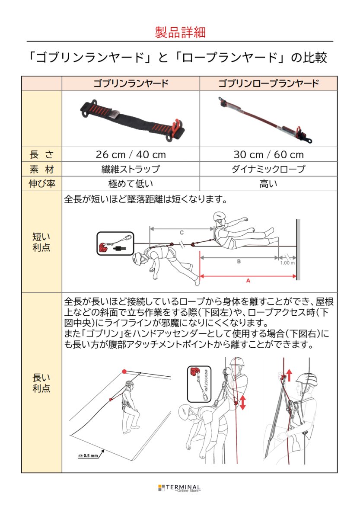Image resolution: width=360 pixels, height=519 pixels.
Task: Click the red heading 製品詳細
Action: pyautogui.click(x=180, y=32)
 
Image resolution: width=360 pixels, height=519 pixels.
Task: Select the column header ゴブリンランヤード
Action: pyautogui.click(x=131, y=83)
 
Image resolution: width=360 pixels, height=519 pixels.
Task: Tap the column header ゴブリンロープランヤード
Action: pyautogui.click(x=268, y=83)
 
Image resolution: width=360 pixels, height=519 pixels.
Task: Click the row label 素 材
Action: pyautogui.click(x=41, y=169)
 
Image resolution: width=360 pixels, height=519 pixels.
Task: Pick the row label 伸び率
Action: pyautogui.click(x=41, y=184)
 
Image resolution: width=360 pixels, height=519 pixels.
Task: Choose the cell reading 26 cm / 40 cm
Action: pyautogui.click(x=131, y=154)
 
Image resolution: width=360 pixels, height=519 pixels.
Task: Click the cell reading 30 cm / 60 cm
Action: pyautogui.click(x=268, y=154)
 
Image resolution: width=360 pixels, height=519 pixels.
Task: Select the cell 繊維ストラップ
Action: pyautogui.click(x=131, y=169)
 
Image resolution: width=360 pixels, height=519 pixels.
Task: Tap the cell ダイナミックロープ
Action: pyautogui.click(x=268, y=169)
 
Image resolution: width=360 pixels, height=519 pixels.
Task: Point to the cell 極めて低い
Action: pyautogui.click(x=131, y=184)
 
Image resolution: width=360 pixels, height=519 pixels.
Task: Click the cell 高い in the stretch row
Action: pyautogui.click(x=268, y=184)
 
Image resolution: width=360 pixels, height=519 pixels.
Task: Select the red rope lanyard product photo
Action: pyautogui.click(x=266, y=119)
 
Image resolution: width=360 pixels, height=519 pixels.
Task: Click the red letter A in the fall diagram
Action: pyautogui.click(x=248, y=281)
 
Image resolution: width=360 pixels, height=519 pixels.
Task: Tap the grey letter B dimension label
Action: pyautogui.click(x=239, y=261)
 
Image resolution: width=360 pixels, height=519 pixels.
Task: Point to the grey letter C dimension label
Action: pyautogui.click(x=182, y=232)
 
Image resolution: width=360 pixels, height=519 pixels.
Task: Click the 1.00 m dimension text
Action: pyautogui.click(x=287, y=263)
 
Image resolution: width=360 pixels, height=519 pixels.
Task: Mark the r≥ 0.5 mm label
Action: pyautogui.click(x=89, y=455)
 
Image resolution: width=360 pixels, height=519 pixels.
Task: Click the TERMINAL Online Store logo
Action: pyautogui.click(x=180, y=488)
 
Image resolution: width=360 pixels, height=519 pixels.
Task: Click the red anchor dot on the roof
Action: pyautogui.click(x=124, y=371)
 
